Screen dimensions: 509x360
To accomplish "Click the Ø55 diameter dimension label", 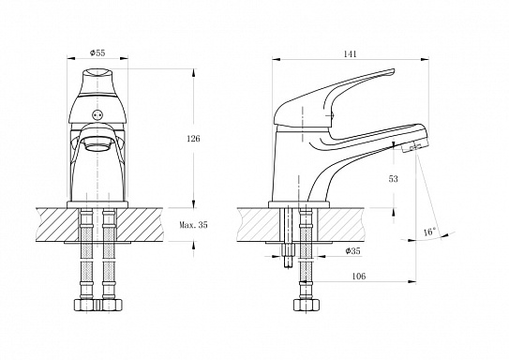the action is [x=97, y=52].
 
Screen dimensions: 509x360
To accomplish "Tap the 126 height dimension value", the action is [x=193, y=139].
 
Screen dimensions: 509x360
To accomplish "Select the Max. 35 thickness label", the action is [x=193, y=225].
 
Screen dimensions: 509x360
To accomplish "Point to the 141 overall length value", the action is [x=350, y=53].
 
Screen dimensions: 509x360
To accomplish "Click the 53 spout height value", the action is [x=393, y=179].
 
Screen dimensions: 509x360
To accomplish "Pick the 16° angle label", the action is [x=429, y=232].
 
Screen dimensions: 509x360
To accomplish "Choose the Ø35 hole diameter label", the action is [x=352, y=251].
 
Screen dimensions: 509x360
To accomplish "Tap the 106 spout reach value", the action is [x=359, y=276].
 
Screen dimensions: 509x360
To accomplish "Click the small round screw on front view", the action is [x=97, y=114].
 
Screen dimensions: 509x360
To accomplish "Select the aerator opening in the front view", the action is [x=97, y=145].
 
